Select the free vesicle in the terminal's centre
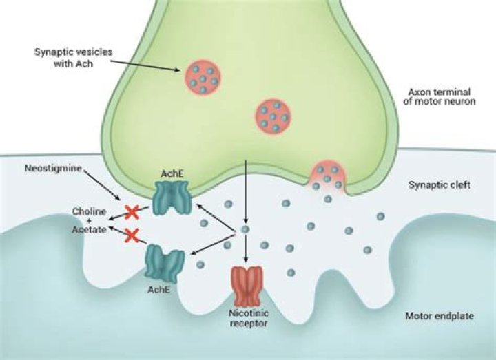point(272,116)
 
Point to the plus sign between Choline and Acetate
point(89,220)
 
